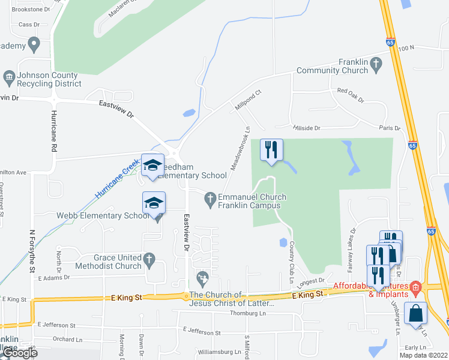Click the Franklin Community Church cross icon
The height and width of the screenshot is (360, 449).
click(x=376, y=62)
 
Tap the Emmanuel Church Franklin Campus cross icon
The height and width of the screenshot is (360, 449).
click(x=210, y=197)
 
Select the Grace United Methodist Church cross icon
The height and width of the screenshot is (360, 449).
click(x=150, y=260)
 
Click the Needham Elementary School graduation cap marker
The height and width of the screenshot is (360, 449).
click(x=152, y=166)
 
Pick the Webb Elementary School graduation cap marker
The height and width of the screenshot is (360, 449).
click(x=154, y=204)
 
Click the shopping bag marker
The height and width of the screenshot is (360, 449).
click(x=415, y=313)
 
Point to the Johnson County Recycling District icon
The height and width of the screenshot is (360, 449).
click(x=8, y=76)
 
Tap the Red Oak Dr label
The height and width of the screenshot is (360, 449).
click(x=351, y=95)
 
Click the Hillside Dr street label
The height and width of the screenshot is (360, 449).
click(x=306, y=128)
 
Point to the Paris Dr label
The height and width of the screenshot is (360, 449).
click(x=389, y=128)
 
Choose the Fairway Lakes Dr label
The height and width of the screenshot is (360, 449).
click(x=354, y=246)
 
